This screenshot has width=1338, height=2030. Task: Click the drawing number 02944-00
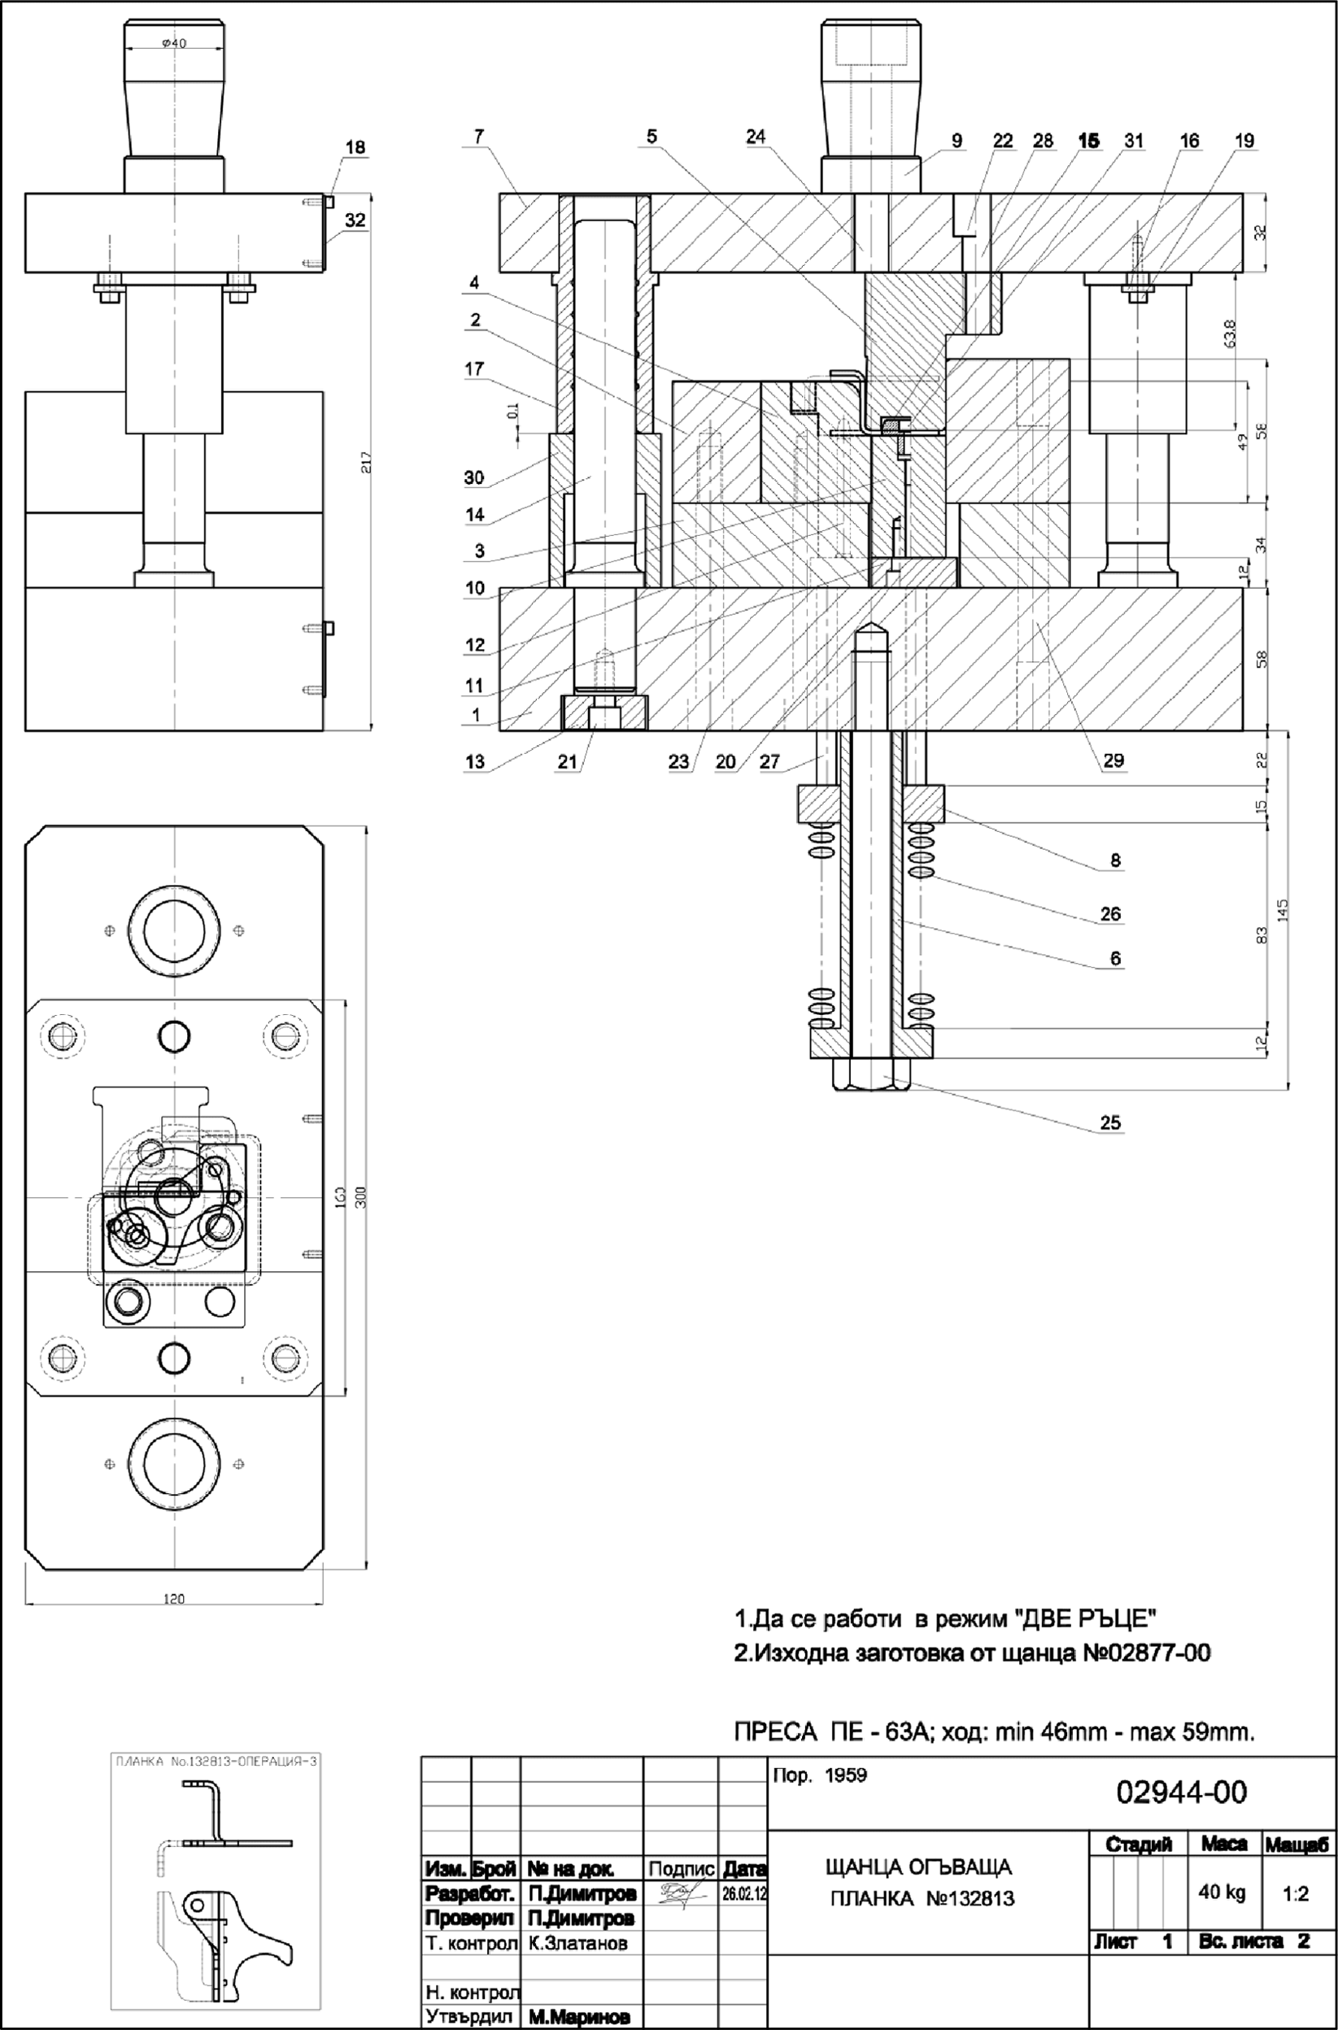pyautogui.click(x=1181, y=1792)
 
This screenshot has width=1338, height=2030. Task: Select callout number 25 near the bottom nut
pyautogui.click(x=1109, y=1122)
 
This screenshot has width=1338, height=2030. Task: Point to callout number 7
pyautogui.click(x=479, y=136)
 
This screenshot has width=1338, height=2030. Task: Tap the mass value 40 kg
pyautogui.click(x=1222, y=1893)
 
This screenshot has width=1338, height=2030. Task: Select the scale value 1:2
pyautogui.click(x=1296, y=1893)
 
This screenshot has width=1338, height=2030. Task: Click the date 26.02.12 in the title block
pyautogui.click(x=744, y=1893)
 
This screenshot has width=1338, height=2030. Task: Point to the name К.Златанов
pyautogui.click(x=577, y=1943)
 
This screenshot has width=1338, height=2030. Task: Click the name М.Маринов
pyautogui.click(x=579, y=2016)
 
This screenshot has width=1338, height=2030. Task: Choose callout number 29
pyautogui.click(x=1113, y=760)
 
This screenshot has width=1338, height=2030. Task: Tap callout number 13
pyautogui.click(x=474, y=761)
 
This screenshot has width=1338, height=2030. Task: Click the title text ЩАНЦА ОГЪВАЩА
pyautogui.click(x=918, y=1867)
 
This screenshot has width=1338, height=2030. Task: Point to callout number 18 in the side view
pyautogui.click(x=355, y=146)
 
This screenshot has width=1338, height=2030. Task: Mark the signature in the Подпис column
pyautogui.click(x=681, y=1893)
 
